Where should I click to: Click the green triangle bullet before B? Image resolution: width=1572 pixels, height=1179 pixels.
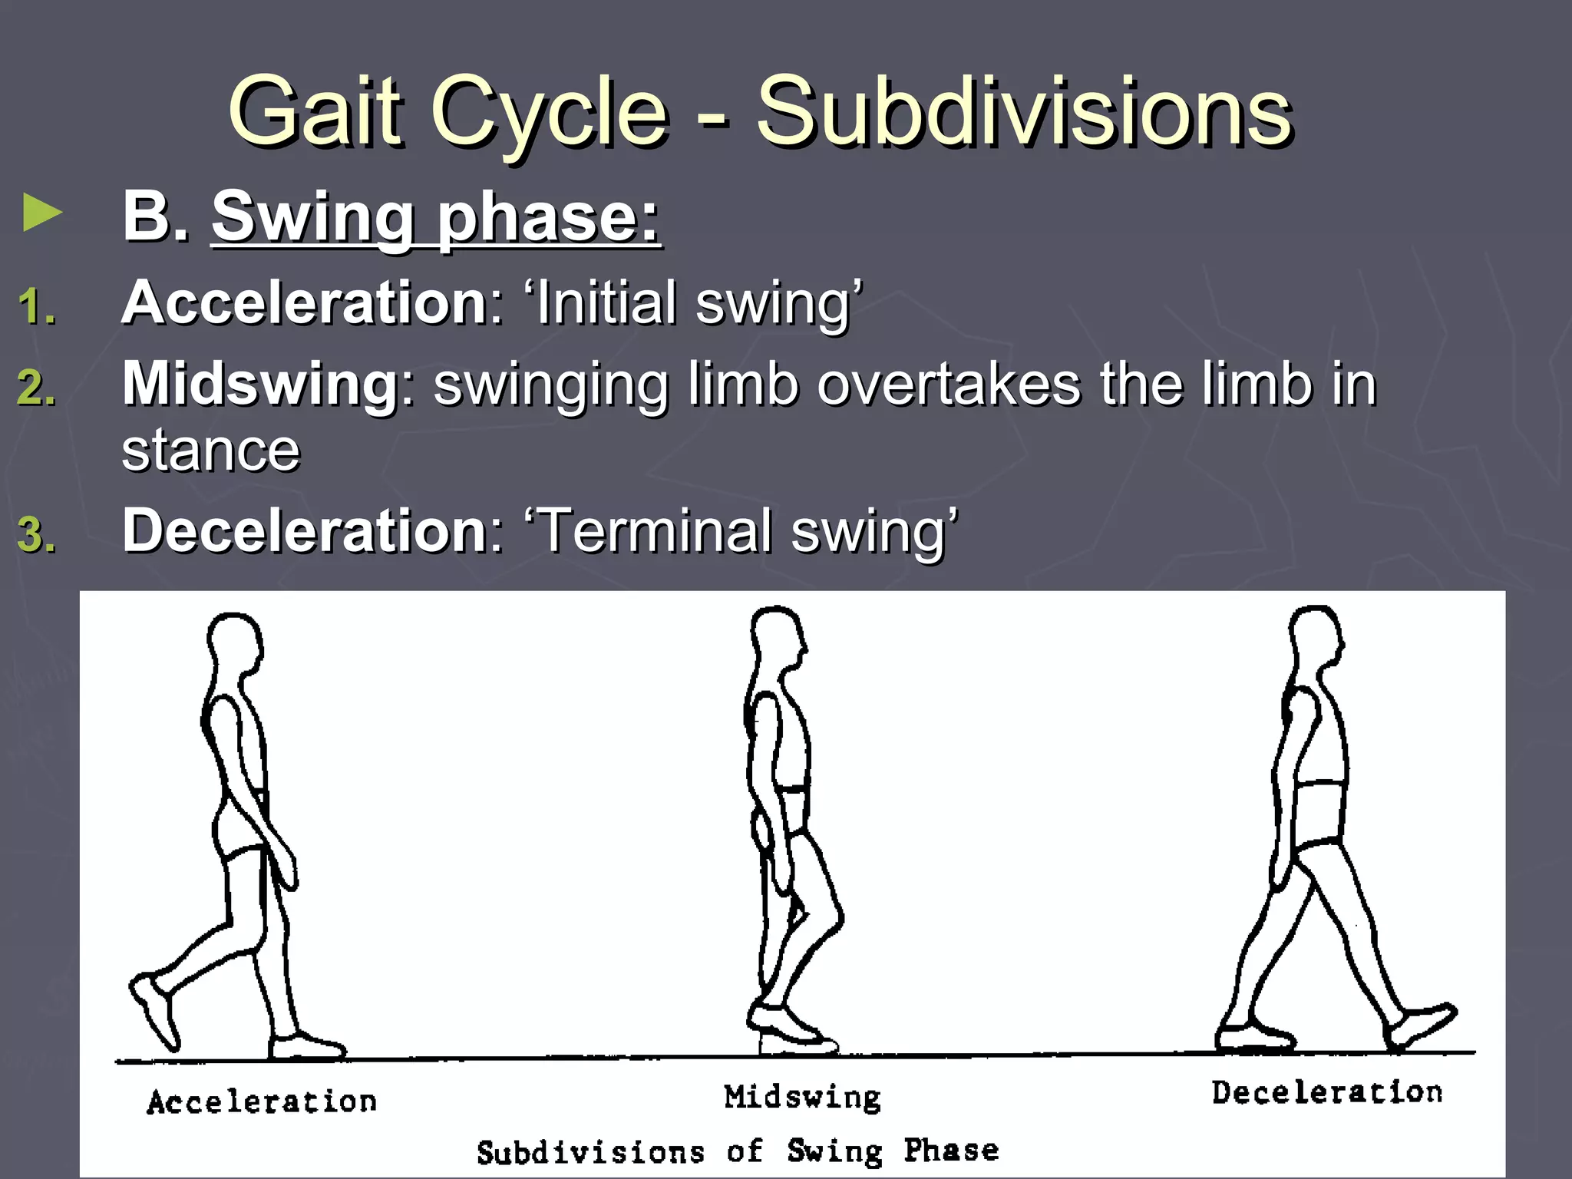click(42, 213)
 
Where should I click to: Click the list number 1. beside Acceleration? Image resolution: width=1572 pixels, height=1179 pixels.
click(36, 307)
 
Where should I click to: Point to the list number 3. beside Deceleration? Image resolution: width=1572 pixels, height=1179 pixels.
click(36, 534)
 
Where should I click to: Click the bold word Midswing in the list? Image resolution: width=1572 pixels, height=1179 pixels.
click(259, 383)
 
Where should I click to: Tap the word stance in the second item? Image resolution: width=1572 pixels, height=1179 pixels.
click(210, 451)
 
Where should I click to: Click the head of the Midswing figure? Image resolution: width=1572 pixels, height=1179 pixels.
click(777, 637)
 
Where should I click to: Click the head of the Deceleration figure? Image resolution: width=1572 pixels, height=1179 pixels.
click(1316, 637)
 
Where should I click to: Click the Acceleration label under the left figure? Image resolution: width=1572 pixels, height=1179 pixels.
click(262, 1102)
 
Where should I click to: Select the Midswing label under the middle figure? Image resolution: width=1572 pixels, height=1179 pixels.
click(802, 1097)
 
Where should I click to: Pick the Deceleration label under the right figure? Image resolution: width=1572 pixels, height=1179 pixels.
click(1327, 1092)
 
